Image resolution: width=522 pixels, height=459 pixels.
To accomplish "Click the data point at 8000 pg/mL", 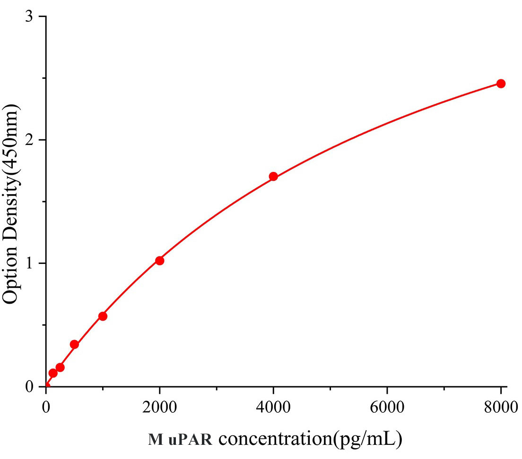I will pos(501,84).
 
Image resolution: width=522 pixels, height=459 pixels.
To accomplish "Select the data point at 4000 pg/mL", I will pos(273,177).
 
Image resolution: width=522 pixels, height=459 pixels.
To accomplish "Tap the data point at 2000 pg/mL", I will pos(160,261).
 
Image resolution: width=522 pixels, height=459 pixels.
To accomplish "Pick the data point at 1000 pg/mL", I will pos(103,316).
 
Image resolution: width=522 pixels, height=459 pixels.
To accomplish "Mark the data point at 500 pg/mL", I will pos(74,344).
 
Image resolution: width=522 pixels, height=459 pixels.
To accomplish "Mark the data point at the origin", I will pos(46,386).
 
